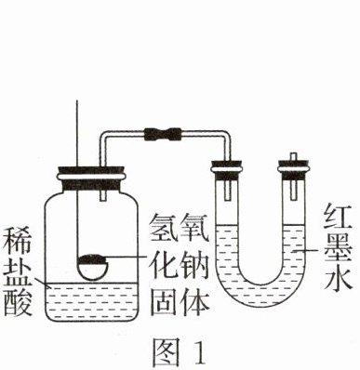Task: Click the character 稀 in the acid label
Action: tap(18, 241)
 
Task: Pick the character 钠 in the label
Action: tap(194, 264)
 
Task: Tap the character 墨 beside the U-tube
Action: tap(338, 250)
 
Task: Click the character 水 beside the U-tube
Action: tap(338, 280)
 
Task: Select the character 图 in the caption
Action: tap(167, 351)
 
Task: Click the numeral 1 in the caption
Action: tap(201, 351)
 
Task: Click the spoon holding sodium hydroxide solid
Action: tap(93, 267)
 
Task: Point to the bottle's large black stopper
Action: tap(91, 179)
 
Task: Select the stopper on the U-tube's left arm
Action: tap(226, 170)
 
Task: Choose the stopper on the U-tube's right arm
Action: tap(294, 170)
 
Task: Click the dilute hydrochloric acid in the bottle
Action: tap(91, 300)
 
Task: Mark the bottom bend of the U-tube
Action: tap(260, 296)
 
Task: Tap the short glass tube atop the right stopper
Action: tap(293, 157)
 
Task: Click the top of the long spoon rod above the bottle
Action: tap(77, 100)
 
